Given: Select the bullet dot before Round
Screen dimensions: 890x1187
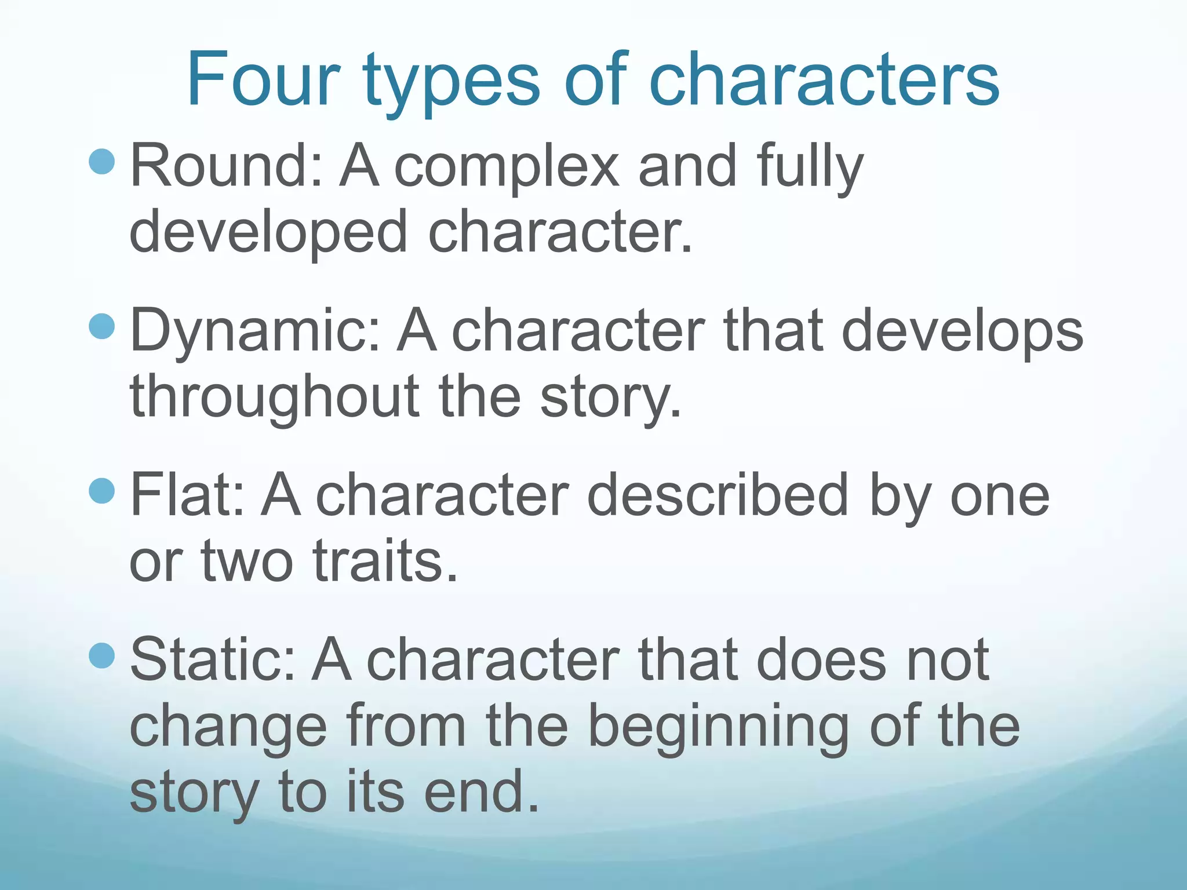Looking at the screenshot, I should pyautogui.click(x=103, y=162).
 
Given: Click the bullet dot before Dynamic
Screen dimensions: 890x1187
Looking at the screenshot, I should pyautogui.click(x=103, y=326).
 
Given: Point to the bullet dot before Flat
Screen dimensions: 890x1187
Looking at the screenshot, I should pyautogui.click(x=103, y=491).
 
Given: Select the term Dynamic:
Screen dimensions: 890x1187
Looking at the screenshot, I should pyautogui.click(x=256, y=332).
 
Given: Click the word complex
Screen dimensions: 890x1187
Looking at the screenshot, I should pyautogui.click(x=507, y=168).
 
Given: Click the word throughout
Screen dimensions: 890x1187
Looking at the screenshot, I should pyautogui.click(x=275, y=397).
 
